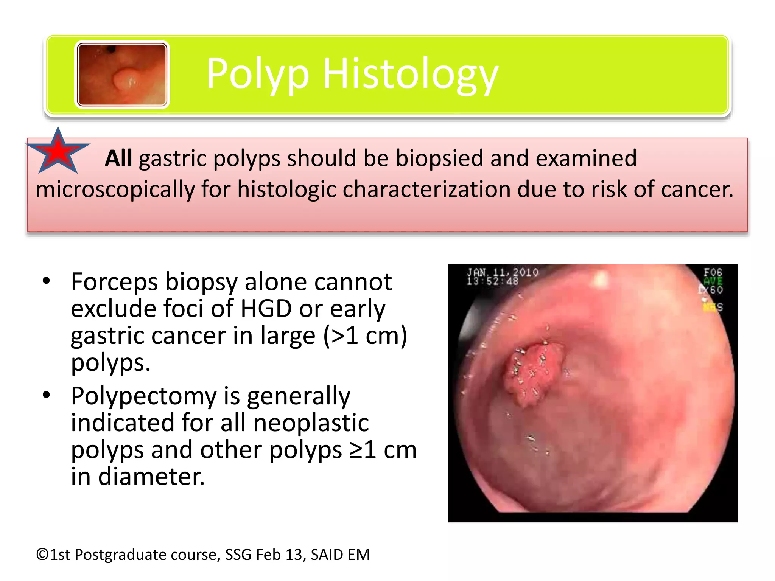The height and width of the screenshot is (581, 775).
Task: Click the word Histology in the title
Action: point(410,74)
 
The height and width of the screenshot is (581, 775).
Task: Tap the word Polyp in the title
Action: point(257,74)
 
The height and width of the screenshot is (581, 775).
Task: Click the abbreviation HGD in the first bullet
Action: point(266,309)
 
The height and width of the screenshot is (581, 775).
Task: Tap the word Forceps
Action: point(114,282)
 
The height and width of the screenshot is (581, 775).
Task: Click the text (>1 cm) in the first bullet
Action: point(365,336)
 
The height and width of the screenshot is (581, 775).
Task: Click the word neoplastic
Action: point(311,423)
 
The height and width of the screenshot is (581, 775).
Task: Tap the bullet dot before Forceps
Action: point(47,281)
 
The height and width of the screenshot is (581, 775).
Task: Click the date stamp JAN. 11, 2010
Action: point(503,272)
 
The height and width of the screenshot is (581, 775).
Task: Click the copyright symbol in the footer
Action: point(42,555)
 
